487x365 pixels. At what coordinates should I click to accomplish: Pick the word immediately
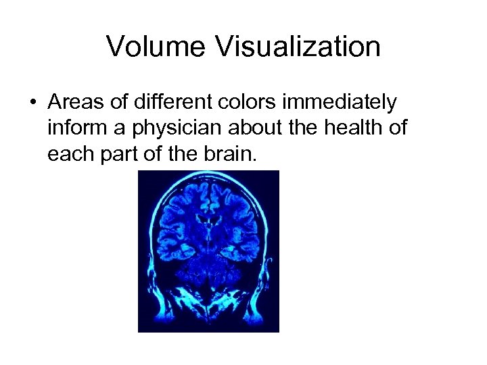(x=338, y=103)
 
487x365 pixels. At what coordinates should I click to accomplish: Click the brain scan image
(x=208, y=251)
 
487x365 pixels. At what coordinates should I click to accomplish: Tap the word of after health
(x=399, y=128)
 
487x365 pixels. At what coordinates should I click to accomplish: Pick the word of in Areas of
(x=114, y=103)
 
